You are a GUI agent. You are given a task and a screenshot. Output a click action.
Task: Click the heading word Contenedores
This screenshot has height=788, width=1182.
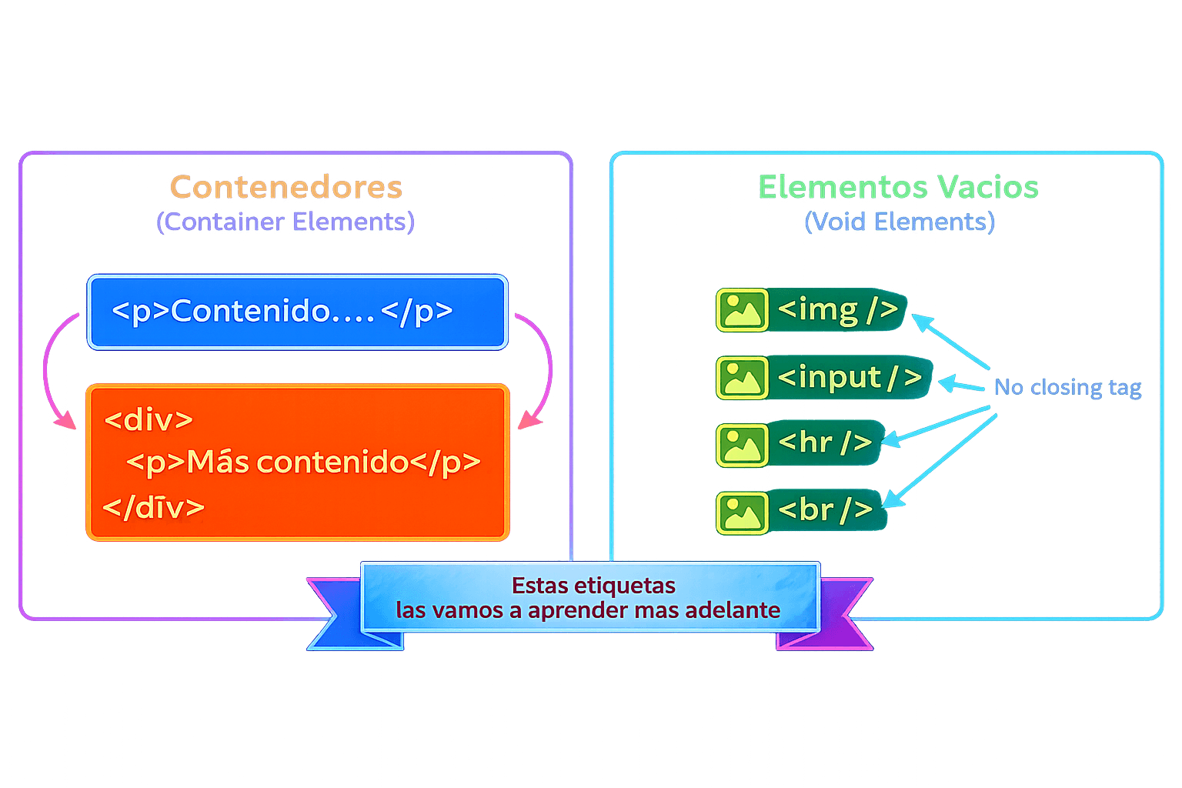[285, 187]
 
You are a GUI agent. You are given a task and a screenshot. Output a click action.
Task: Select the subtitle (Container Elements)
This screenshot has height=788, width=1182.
[285, 222]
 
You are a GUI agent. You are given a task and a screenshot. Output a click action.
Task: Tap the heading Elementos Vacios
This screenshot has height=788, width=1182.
[898, 187]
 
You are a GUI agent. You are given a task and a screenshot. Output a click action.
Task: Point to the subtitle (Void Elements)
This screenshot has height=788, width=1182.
[899, 222]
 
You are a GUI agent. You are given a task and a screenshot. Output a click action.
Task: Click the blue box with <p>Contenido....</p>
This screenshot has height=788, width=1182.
[297, 312]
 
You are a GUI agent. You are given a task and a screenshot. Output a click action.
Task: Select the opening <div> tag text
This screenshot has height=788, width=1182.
[149, 420]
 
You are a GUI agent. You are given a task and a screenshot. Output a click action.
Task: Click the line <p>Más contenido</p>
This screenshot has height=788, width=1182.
[303, 462]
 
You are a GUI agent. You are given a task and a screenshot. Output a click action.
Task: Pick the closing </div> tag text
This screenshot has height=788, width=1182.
[153, 507]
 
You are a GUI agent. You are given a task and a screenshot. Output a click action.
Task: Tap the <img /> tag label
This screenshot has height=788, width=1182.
[837, 309]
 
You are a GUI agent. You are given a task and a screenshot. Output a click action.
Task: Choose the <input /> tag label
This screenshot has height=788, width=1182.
[849, 377]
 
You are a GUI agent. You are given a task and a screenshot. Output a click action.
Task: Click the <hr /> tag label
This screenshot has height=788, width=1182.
[824, 442]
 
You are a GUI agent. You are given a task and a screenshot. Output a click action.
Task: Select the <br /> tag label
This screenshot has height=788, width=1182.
[825, 509]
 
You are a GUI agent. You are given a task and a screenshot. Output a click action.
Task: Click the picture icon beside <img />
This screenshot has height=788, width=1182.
[742, 310]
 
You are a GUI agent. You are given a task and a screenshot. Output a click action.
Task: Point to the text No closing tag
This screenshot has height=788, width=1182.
[1067, 387]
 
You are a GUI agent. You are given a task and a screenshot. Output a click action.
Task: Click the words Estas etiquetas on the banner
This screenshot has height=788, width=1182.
[593, 586]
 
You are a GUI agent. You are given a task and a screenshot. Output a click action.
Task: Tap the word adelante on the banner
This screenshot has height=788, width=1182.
[732, 610]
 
